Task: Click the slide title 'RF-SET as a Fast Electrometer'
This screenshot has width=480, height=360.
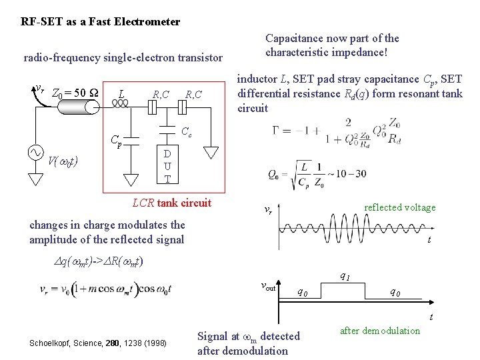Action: point(101,21)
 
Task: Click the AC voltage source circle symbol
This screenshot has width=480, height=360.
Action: point(35,153)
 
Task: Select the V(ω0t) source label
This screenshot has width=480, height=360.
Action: point(63,160)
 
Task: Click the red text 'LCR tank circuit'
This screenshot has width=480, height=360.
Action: point(171,203)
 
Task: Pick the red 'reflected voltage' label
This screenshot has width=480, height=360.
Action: point(399,207)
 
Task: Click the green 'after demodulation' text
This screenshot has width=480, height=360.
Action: point(380,331)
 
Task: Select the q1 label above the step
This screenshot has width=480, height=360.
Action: point(346,276)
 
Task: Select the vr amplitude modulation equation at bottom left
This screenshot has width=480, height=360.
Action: point(107,289)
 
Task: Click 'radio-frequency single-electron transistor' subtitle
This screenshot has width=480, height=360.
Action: point(123,58)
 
